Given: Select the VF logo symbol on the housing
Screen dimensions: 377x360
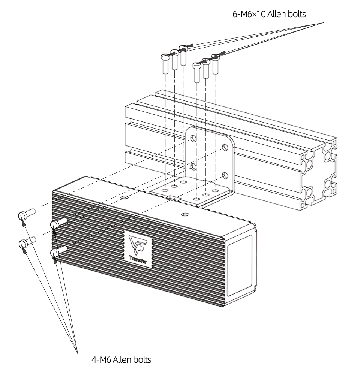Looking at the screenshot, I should [x=136, y=244].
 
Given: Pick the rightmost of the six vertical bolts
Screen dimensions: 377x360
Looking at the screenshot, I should [x=215, y=64].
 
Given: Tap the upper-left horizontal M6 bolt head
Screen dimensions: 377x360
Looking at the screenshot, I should [x=23, y=215].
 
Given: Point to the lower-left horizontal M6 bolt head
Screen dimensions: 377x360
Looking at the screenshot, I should [x=23, y=244].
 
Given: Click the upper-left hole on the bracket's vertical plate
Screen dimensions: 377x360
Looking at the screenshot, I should [x=192, y=138].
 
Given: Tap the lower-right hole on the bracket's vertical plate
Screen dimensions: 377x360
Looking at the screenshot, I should [x=225, y=174].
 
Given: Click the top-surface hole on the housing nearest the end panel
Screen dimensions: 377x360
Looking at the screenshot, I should [x=183, y=214].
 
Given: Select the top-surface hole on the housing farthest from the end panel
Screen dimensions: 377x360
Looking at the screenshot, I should [x=125, y=196].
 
